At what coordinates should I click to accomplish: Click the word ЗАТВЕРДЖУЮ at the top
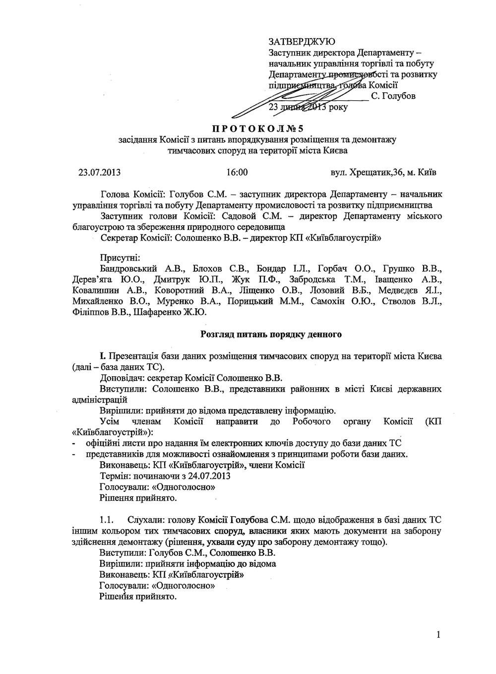[301, 41]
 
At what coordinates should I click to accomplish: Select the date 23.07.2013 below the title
[99, 173]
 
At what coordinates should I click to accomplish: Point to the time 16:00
[237, 173]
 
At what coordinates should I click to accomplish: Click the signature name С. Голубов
[393, 96]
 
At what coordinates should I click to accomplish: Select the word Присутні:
[120, 258]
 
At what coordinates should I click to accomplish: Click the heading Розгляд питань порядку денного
[271, 334]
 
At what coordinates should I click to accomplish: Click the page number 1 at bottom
[439, 634]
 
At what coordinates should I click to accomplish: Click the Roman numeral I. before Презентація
[102, 356]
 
